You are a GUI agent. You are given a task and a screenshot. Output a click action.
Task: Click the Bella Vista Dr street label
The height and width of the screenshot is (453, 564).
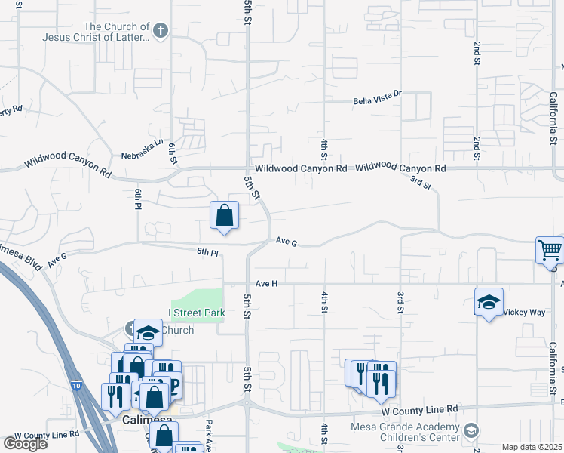click(x=379, y=102)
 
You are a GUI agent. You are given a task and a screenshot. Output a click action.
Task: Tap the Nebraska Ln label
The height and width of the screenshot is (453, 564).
click(x=143, y=149)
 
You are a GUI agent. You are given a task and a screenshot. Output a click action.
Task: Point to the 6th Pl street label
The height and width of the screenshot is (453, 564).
click(x=139, y=200)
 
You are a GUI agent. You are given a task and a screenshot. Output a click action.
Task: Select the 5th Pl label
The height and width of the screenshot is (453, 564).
click(x=207, y=251)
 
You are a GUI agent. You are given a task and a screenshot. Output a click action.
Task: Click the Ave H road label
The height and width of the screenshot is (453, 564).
click(x=267, y=283)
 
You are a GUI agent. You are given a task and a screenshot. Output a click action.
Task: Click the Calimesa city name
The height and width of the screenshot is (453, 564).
click(x=147, y=421)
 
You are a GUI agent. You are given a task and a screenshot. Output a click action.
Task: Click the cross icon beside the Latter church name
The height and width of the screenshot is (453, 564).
click(x=159, y=31)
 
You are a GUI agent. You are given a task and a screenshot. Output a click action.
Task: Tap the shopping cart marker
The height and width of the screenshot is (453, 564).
click(x=550, y=250)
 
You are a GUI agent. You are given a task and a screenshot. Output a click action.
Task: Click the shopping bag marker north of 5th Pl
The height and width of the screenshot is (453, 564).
click(x=224, y=215)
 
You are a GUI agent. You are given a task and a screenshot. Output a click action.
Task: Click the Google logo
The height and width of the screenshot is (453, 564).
click(x=26, y=443)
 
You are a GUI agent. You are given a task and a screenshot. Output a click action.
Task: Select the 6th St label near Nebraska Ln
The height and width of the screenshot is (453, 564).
click(x=173, y=154)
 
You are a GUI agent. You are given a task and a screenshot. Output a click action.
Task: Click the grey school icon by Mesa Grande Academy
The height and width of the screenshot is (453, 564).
click(x=471, y=431)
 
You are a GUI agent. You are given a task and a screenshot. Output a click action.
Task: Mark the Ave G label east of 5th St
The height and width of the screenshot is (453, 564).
click(x=287, y=242)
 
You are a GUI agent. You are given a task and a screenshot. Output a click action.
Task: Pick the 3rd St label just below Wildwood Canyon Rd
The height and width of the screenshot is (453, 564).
click(x=420, y=182)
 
